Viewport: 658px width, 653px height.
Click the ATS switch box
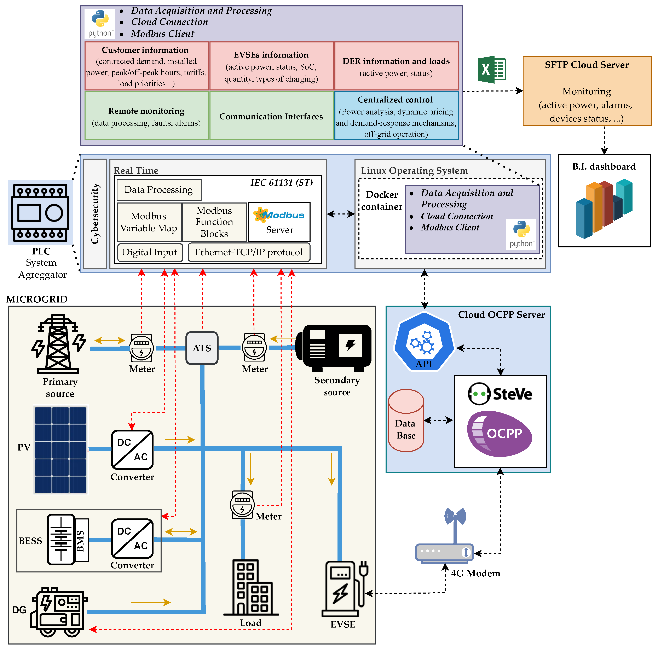202,348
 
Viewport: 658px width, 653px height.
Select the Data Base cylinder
406,420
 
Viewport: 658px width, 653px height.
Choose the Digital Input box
150,252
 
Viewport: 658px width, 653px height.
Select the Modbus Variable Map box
149,222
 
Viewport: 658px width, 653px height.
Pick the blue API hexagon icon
424,341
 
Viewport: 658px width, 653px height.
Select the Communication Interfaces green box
271,116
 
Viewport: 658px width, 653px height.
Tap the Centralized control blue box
396,116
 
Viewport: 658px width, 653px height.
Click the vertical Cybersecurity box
95,214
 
